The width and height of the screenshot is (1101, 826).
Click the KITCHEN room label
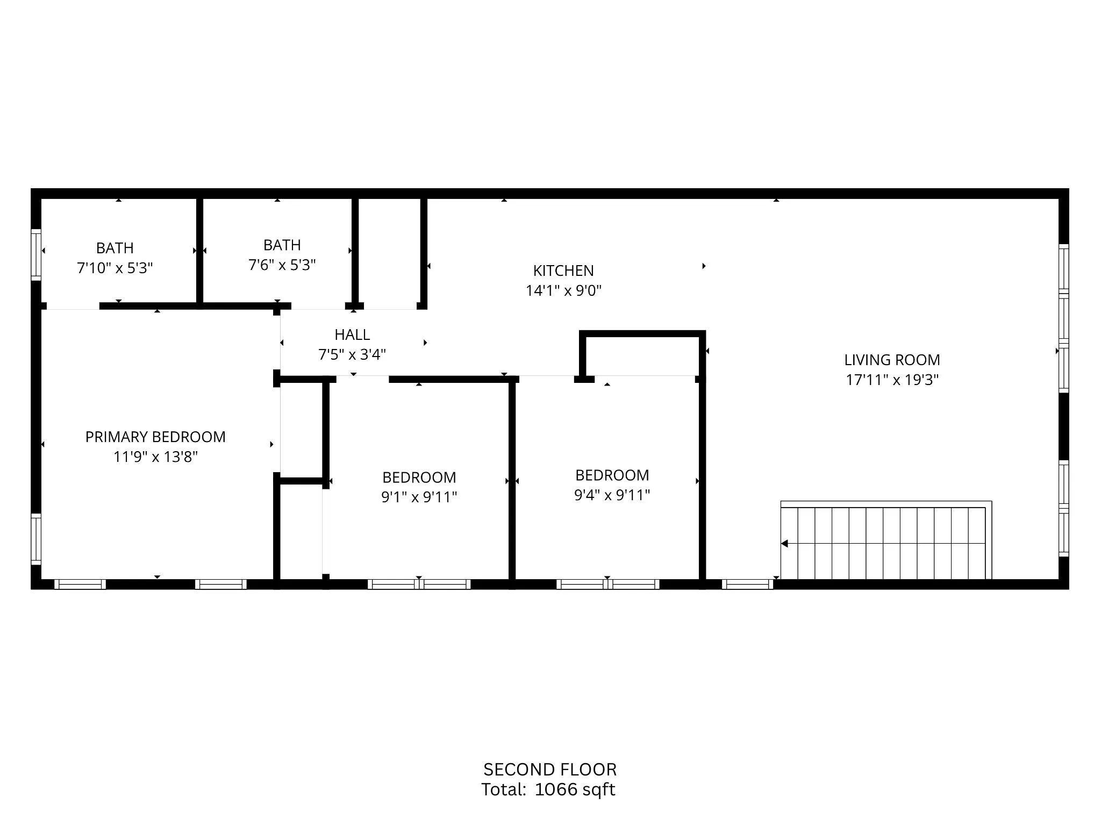click(x=563, y=270)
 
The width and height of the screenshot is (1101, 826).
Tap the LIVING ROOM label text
click(x=891, y=360)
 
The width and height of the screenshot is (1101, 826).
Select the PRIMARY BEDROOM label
click(x=155, y=437)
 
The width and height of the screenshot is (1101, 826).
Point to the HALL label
click(x=352, y=334)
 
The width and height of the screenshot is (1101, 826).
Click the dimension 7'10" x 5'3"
click(x=115, y=268)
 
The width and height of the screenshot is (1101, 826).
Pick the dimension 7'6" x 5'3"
click(x=282, y=265)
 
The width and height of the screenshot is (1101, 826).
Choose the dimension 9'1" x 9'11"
click(x=419, y=497)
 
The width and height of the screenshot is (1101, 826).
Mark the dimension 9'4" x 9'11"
click(x=612, y=495)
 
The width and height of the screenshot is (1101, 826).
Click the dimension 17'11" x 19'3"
click(x=892, y=380)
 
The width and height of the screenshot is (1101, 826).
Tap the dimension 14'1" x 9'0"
click(x=563, y=290)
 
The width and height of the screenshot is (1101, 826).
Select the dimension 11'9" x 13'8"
click(x=155, y=457)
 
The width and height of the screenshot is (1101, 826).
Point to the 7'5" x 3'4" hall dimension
click(x=352, y=354)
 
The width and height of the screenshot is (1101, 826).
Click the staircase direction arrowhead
click(x=784, y=544)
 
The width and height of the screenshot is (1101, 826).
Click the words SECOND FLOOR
click(x=549, y=770)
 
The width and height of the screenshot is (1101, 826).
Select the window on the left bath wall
click(x=36, y=254)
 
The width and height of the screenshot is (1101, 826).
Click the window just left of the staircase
click(x=747, y=584)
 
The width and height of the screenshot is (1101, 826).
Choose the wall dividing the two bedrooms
click(x=512, y=479)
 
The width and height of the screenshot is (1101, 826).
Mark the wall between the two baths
click(x=199, y=251)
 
